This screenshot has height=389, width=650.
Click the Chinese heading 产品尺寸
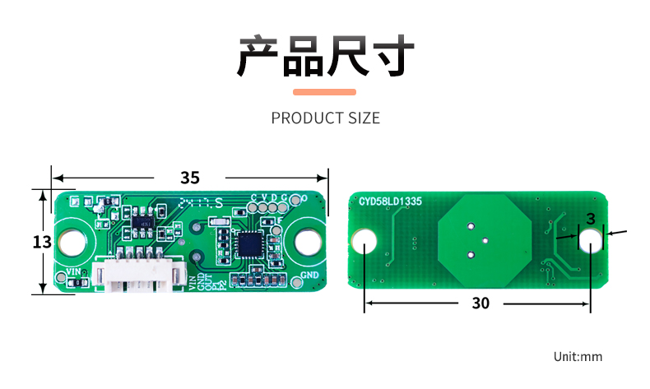point(324,56)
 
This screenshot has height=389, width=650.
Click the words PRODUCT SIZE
point(325,118)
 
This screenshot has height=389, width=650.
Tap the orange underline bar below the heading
point(324,91)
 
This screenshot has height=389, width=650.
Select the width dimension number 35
point(190,178)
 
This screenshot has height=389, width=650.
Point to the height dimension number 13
point(42,242)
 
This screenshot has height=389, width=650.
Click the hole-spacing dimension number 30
point(481,303)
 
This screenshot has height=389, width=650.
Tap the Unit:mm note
point(578,357)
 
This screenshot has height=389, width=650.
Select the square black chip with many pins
point(251,243)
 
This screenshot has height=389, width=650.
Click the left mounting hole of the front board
point(72,242)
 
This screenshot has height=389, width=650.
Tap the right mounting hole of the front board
point(308,242)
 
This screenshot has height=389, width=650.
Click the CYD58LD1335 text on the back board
point(390,201)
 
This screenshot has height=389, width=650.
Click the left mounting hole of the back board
point(365,242)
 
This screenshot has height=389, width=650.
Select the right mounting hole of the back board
point(590,241)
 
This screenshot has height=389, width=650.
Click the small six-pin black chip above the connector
point(145,222)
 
